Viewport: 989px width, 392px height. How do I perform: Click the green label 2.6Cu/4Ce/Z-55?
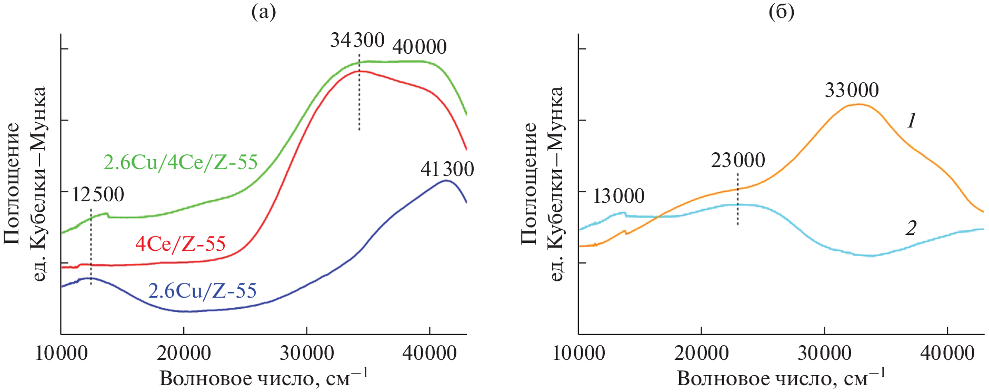click(181, 162)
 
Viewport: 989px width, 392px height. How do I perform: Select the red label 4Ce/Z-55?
click(181, 244)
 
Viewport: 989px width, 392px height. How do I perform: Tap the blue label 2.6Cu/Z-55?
click(202, 291)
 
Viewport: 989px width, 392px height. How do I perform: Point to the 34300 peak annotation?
click(357, 40)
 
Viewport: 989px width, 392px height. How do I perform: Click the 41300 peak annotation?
click(447, 169)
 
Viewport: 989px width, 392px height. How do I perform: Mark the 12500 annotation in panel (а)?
click(98, 194)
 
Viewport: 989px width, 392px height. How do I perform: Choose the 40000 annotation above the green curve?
click(419, 47)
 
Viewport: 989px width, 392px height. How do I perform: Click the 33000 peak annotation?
click(852, 90)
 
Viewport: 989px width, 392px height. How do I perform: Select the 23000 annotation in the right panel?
click(738, 160)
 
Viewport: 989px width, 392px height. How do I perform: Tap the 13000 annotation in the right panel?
click(618, 196)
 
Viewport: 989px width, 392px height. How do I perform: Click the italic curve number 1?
click(911, 121)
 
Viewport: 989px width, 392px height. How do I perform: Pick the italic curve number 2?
click(911, 228)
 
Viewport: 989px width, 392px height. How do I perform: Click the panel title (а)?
click(264, 12)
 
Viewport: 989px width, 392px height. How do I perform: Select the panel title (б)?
click(782, 12)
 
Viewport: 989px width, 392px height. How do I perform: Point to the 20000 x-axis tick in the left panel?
click(184, 352)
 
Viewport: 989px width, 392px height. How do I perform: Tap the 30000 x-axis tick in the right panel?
click(824, 352)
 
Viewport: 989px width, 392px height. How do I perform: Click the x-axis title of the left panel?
click(263, 378)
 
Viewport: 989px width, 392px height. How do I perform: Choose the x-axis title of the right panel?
click(781, 378)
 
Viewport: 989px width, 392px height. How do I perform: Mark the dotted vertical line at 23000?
click(737, 208)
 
